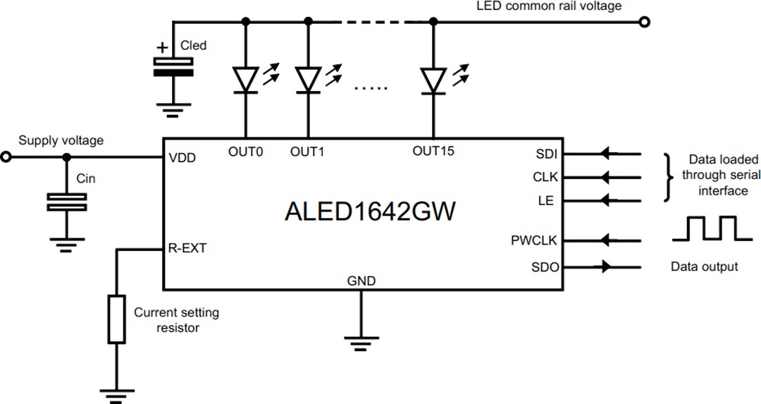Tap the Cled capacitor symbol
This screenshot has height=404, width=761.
click(173, 67)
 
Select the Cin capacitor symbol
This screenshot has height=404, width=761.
click(66, 202)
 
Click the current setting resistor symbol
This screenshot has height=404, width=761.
click(117, 319)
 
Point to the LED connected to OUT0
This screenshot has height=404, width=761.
click(245, 80)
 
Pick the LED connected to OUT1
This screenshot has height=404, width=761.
click(308, 80)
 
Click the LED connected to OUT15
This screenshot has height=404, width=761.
click(433, 80)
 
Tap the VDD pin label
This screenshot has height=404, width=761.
click(182, 159)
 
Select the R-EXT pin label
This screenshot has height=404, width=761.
click(187, 248)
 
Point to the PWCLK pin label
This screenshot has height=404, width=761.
click(534, 240)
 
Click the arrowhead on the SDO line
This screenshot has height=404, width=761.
click(605, 267)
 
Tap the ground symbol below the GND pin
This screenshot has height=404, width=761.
click(361, 343)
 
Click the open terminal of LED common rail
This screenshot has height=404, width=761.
click(643, 22)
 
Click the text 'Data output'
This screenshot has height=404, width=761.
click(704, 267)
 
